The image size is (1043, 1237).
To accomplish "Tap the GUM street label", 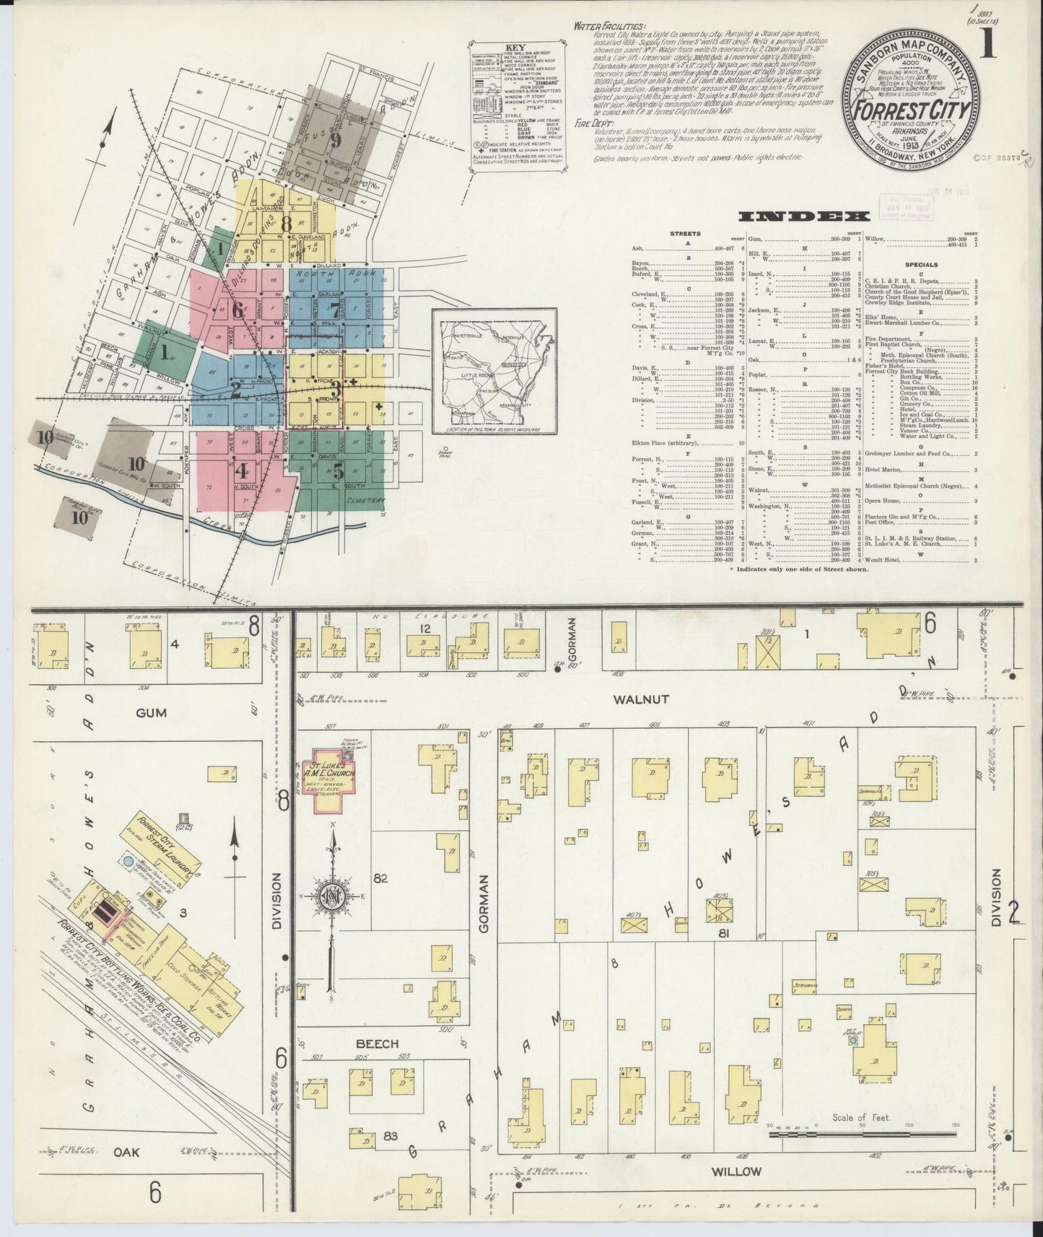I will coord(151,712).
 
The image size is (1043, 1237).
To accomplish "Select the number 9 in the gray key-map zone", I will coord(335,140).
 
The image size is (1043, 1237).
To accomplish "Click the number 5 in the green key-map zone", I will coord(337,473).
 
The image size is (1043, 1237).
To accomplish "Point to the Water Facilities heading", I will coord(608,25).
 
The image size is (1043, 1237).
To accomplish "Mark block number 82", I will coord(381,878).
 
